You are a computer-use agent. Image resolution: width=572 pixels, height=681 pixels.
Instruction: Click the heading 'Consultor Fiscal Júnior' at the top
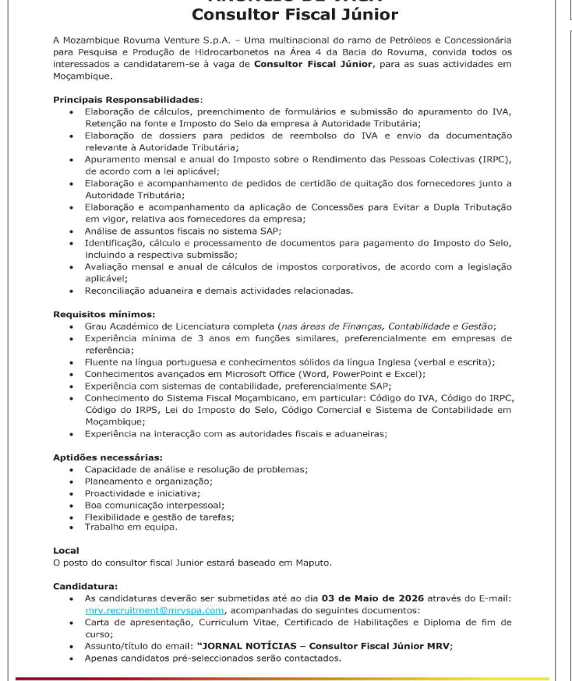pyautogui.click(x=295, y=15)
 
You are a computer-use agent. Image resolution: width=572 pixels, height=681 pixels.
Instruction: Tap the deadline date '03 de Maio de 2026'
pyautogui.click(x=369, y=598)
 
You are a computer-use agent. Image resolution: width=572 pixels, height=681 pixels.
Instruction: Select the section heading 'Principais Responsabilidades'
pyautogui.click(x=127, y=100)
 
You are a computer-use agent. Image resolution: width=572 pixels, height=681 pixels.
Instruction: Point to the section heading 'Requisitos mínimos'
pyautogui.click(x=104, y=314)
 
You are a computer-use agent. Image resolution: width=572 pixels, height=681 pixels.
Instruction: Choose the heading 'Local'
pyautogui.click(x=65, y=550)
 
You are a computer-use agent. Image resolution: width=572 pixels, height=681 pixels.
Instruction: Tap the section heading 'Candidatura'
pyautogui.click(x=85, y=586)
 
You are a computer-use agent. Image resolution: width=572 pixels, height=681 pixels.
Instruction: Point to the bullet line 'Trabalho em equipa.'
pyautogui.click(x=131, y=528)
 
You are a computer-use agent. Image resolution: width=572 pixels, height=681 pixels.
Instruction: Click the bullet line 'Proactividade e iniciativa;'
pyautogui.click(x=143, y=492)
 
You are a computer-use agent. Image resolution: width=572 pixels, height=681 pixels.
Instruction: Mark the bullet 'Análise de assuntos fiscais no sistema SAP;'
pyautogui.click(x=182, y=231)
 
